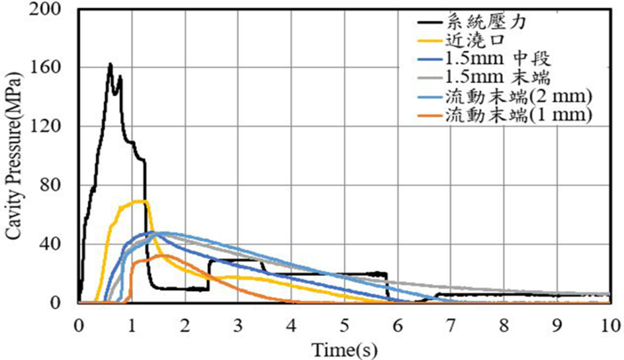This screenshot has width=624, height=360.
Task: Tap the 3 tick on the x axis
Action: click(238, 323)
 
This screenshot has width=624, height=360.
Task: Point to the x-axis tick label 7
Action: click(450, 323)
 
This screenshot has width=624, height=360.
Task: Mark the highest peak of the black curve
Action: click(110, 63)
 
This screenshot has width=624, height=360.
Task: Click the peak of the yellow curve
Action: click(143, 200)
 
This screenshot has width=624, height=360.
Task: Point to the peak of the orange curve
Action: click(161, 255)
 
